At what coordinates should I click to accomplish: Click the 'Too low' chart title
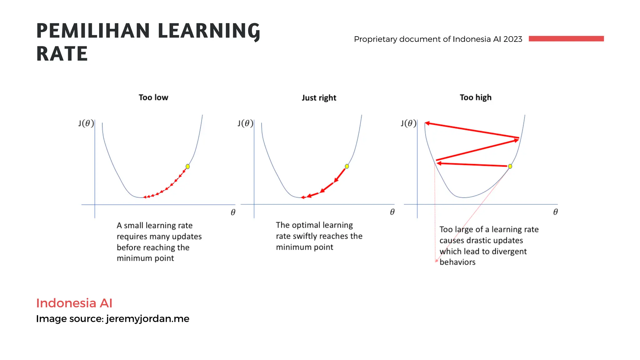(x=153, y=97)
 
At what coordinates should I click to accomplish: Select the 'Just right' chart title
(x=319, y=98)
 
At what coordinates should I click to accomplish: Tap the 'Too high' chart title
(x=475, y=97)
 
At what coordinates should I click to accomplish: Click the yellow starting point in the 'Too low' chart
(x=187, y=166)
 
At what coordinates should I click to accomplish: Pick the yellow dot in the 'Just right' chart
(x=347, y=166)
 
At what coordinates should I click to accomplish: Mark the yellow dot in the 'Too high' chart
(x=510, y=166)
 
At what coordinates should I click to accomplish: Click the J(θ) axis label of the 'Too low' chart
(x=86, y=123)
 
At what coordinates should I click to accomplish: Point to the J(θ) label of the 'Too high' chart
(x=408, y=123)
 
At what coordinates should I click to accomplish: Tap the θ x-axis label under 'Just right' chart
(x=392, y=212)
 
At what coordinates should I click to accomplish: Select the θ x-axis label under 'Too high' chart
(x=555, y=212)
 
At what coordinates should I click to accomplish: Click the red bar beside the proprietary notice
(x=566, y=39)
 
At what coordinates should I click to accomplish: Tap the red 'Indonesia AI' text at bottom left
(x=74, y=303)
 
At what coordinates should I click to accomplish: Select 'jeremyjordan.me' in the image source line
(x=147, y=319)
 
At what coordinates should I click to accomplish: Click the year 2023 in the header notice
(x=513, y=39)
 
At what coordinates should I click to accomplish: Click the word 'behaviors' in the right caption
(x=457, y=262)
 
